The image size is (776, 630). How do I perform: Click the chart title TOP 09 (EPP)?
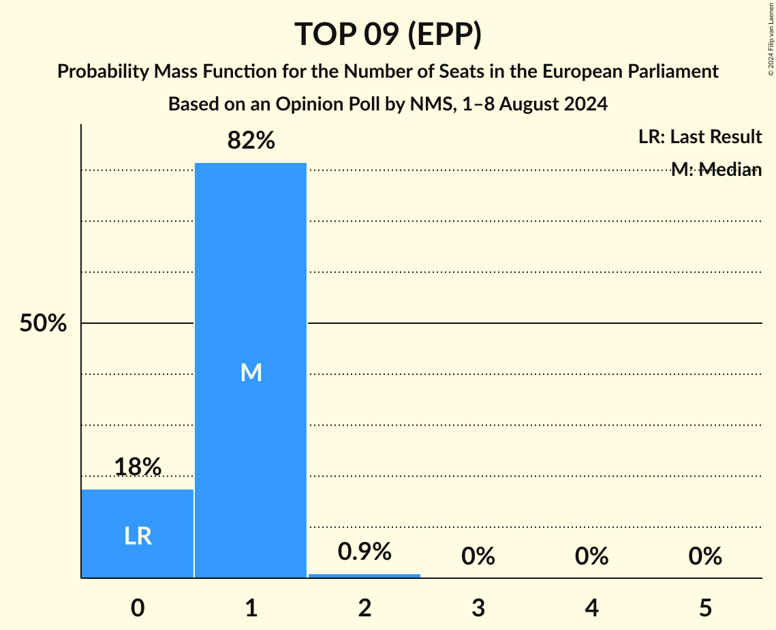388,34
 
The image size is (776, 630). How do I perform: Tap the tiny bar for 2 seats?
364,575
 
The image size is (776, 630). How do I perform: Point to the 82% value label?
251,140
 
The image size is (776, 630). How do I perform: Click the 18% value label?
138,467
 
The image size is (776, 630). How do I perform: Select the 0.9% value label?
364,552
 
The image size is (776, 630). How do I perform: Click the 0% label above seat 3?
478,556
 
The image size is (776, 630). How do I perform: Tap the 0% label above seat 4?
591,556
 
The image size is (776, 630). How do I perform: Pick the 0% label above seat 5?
704,556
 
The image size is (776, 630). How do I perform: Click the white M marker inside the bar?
251,372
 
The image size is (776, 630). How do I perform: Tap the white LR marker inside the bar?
138,537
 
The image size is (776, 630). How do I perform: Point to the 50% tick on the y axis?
43,324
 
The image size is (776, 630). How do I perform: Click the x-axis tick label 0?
138,607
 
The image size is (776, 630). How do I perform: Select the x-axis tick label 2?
364,607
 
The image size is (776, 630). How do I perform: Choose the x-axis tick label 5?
704,607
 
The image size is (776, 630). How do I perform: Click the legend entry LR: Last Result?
700,137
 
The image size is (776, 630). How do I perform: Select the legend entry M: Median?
715,170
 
